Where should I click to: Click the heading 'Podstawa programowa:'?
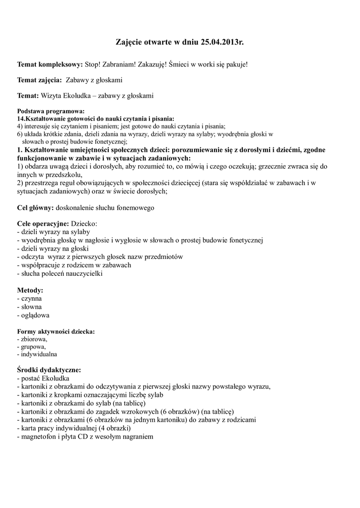(x=51, y=112)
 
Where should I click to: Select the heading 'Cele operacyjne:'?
(x=43, y=224)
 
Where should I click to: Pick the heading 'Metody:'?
(x=30, y=290)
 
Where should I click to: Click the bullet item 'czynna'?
(x=31, y=299)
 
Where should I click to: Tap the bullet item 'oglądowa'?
(x=35, y=315)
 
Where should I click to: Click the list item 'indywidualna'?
(x=39, y=354)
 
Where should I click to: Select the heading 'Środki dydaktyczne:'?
(x=49, y=370)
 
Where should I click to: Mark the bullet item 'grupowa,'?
(x=33, y=347)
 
